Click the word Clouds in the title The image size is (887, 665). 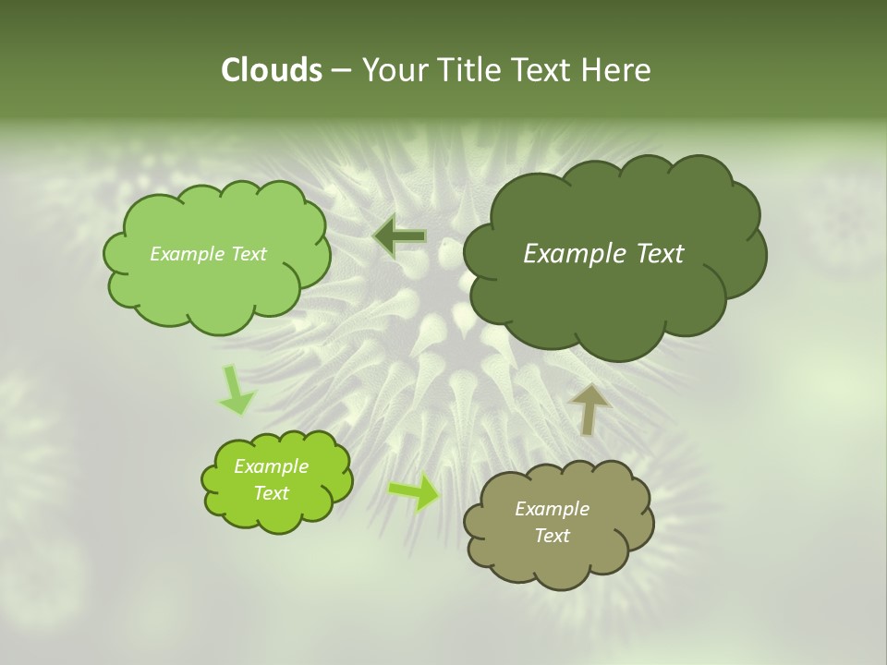click(x=271, y=70)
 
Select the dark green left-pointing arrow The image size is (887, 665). click(x=399, y=237)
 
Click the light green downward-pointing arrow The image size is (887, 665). click(x=236, y=391)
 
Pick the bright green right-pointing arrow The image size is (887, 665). click(x=413, y=492)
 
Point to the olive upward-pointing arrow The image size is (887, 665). click(x=589, y=409)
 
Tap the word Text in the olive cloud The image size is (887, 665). click(x=552, y=536)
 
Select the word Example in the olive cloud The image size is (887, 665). click(x=552, y=509)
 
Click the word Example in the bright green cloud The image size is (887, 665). click(x=271, y=466)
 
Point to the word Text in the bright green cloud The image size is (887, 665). click(x=271, y=493)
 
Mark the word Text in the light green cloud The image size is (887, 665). click(x=248, y=254)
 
